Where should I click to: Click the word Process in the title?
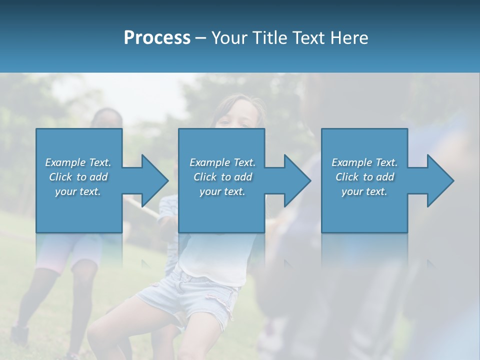157,38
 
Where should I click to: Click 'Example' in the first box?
65,162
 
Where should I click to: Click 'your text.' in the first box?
78,191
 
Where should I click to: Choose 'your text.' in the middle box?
222,191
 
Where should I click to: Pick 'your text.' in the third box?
364,191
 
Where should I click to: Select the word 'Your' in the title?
227,38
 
